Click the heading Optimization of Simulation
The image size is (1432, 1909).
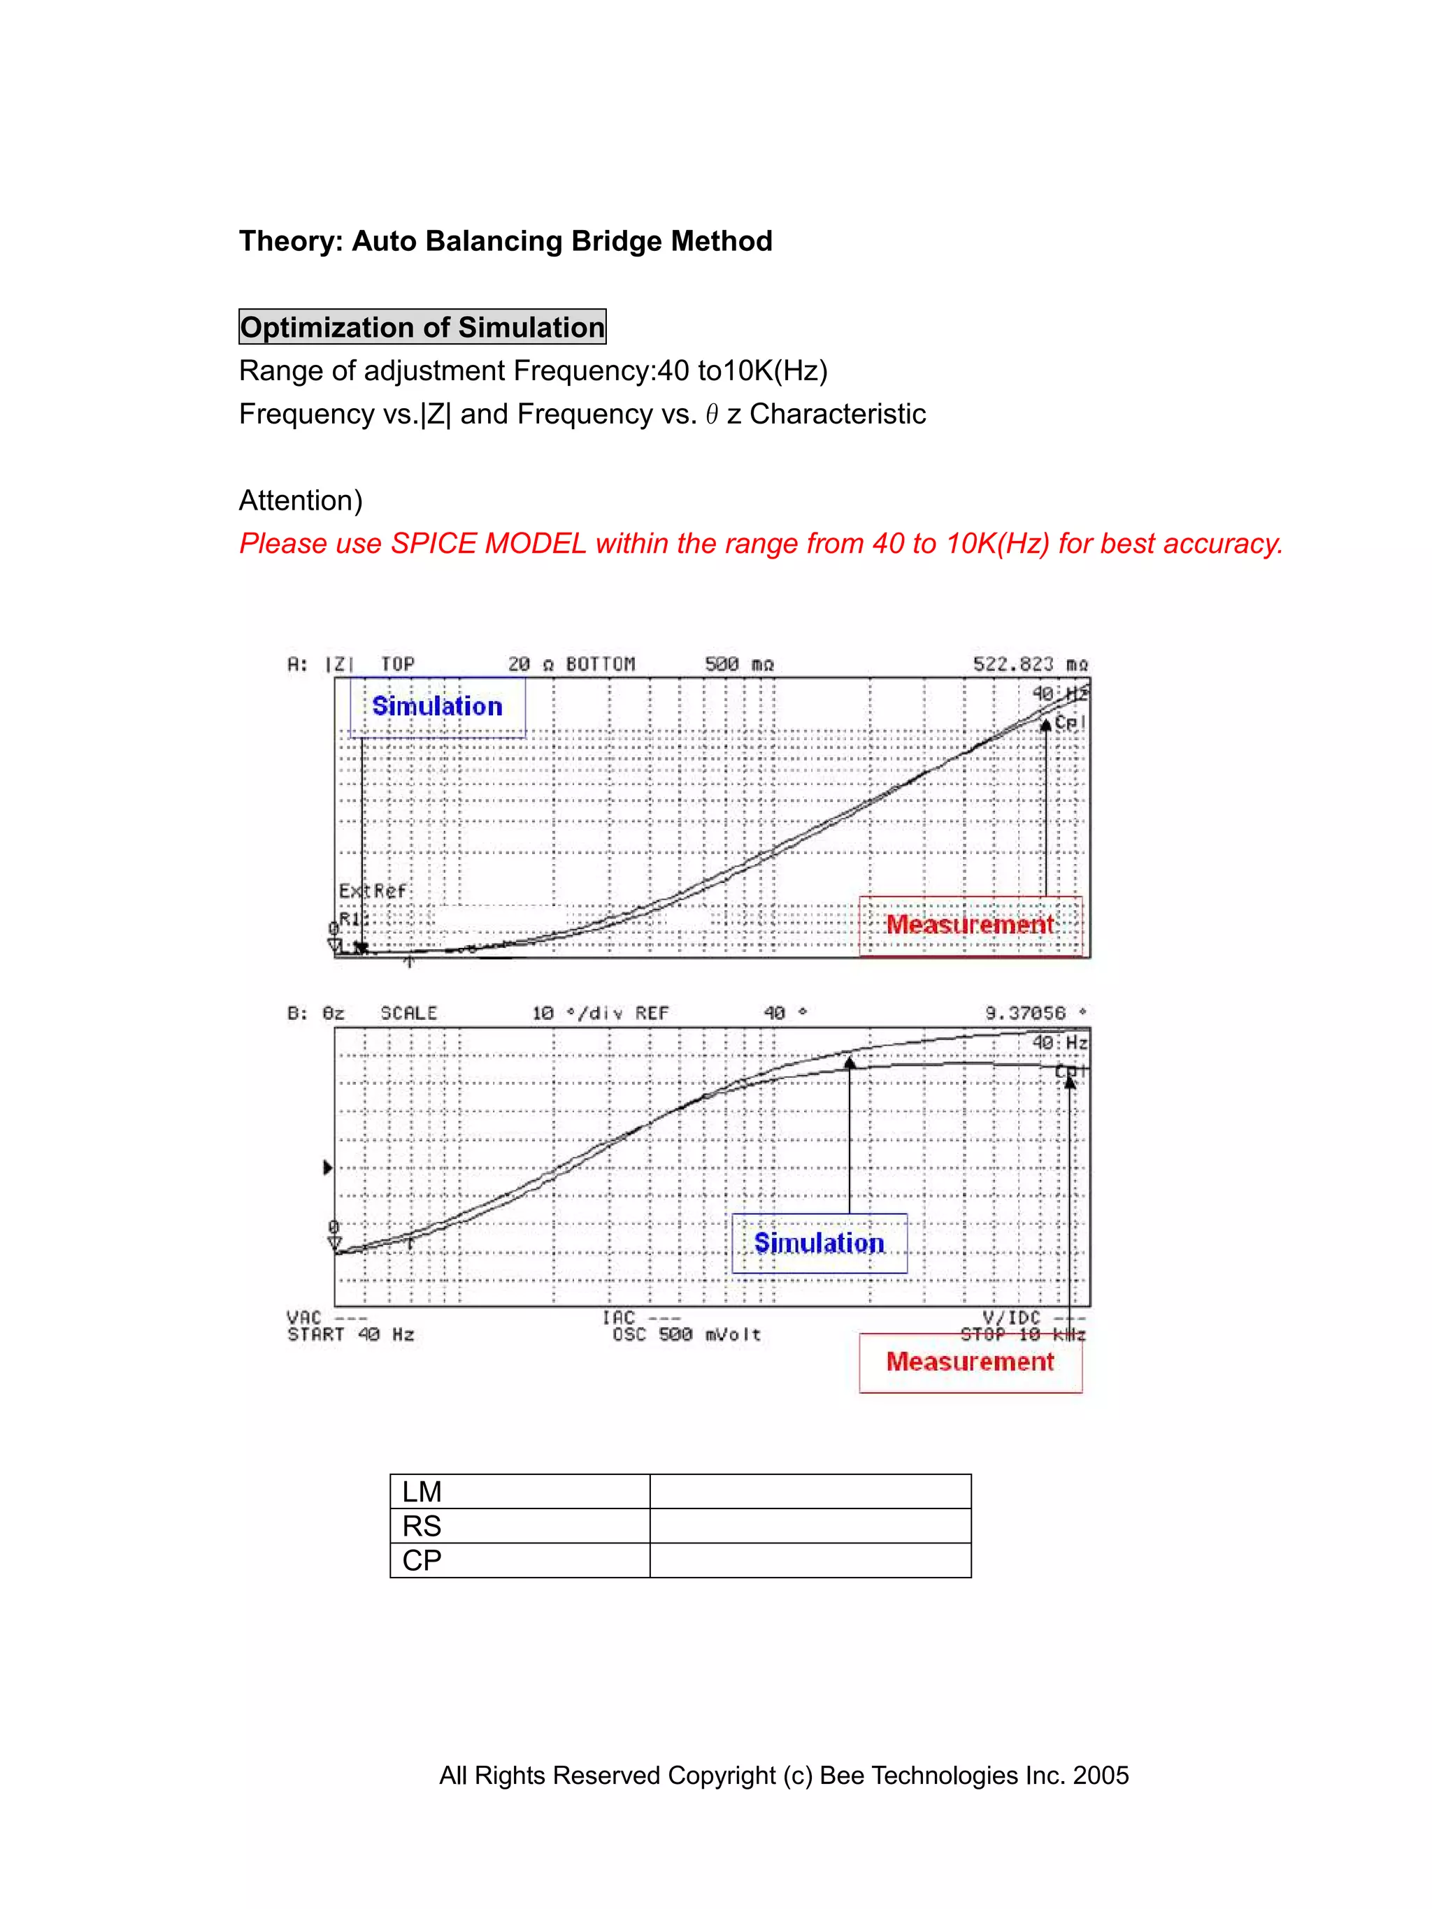422,327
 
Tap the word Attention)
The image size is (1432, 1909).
301,500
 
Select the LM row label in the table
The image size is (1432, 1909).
422,1491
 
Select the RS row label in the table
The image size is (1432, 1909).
422,1526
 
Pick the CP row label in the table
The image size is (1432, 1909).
422,1560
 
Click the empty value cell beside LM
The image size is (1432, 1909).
810,1491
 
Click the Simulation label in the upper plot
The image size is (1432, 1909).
437,707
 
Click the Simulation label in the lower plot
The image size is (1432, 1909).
819,1244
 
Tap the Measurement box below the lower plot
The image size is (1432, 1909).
971,1362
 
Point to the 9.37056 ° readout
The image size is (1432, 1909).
1035,1013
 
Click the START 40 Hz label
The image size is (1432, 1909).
350,1335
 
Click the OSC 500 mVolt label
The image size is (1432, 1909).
686,1335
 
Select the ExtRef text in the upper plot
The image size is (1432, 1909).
372,891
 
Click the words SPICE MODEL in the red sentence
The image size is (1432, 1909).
489,544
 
